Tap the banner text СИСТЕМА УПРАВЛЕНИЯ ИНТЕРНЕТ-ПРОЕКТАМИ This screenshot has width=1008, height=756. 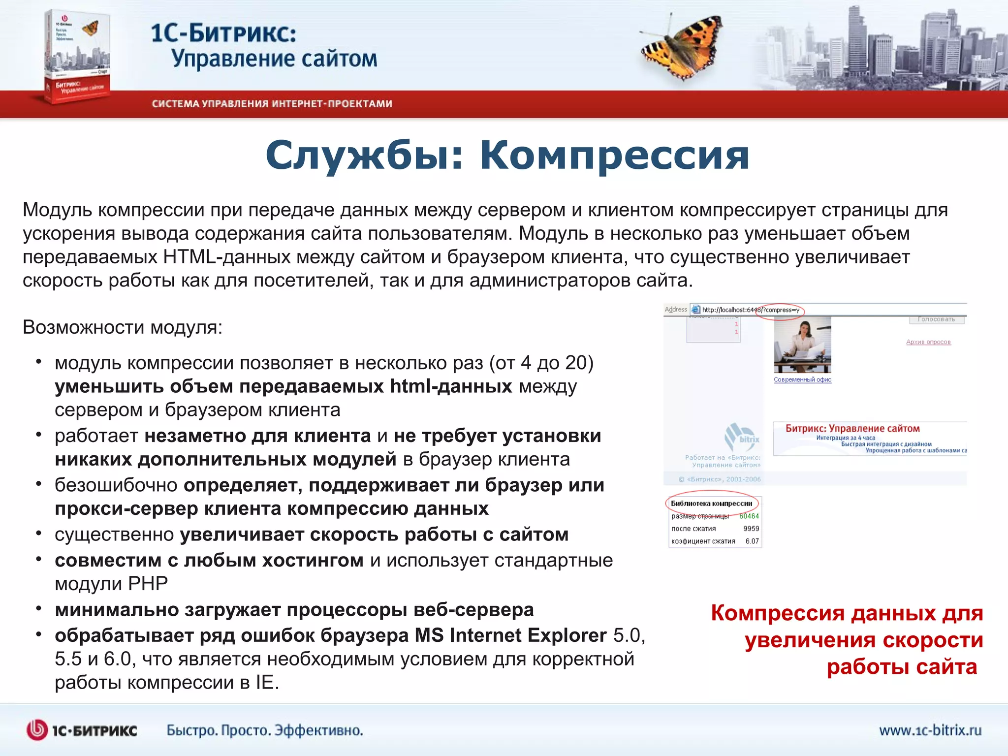tap(272, 104)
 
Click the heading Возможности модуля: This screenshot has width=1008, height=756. tap(123, 327)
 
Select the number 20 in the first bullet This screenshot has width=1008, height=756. tap(576, 363)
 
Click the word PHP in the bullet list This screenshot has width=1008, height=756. tap(148, 584)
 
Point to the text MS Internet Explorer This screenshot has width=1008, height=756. tap(510, 635)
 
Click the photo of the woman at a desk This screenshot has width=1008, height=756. tap(802, 345)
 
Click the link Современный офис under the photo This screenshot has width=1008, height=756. tap(802, 379)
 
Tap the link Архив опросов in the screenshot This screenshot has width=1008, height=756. tap(928, 342)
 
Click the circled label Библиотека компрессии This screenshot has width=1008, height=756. tap(711, 504)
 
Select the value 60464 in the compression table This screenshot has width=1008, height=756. tap(749, 516)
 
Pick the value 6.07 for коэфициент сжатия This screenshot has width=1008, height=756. tap(752, 541)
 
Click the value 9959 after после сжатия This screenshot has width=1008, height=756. tap(751, 529)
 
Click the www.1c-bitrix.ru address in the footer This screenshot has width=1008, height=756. tap(930, 730)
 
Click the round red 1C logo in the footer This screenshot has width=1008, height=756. tap(37, 730)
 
